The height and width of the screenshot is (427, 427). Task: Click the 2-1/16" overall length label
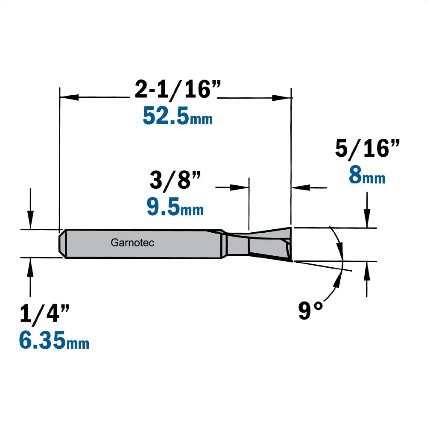click(x=178, y=90)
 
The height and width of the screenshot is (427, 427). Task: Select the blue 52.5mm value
click(x=178, y=116)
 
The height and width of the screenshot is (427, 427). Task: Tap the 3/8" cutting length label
click(x=175, y=180)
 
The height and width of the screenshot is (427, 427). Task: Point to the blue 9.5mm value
click(x=175, y=207)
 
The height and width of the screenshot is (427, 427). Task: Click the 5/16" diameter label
click(x=367, y=148)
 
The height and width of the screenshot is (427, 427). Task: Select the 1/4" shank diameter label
click(x=45, y=313)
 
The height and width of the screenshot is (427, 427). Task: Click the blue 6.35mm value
click(x=54, y=340)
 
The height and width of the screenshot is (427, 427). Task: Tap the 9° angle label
click(x=310, y=310)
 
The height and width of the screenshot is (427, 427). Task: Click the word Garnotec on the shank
click(x=132, y=243)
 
